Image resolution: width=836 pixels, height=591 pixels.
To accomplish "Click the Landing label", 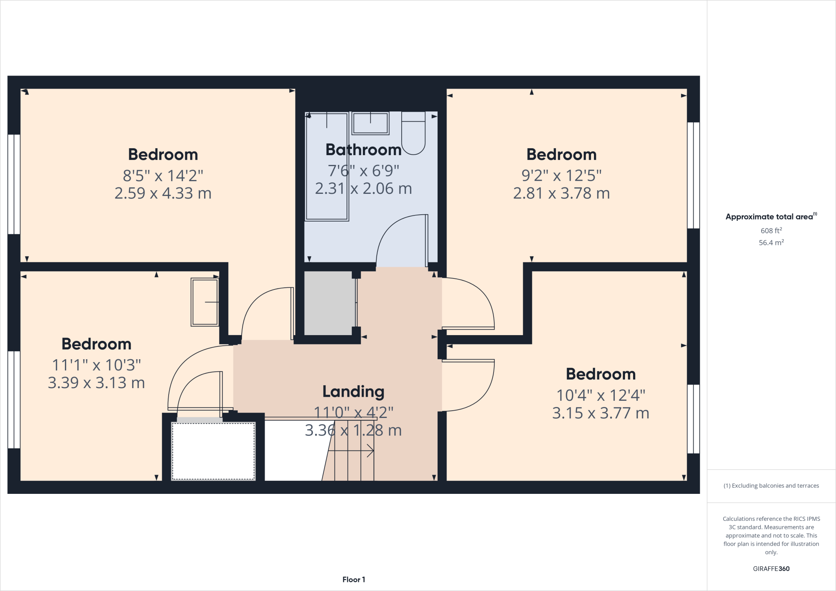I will point(353,392).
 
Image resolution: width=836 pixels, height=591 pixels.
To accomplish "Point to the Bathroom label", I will point(363,150).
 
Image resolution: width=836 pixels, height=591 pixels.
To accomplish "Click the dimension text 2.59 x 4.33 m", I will point(163,193).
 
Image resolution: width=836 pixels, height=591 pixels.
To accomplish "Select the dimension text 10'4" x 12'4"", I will point(600,395).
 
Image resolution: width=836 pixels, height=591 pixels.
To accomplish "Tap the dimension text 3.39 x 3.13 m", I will point(96,383).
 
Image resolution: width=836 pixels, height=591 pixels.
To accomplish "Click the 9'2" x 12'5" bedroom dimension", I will point(561,176).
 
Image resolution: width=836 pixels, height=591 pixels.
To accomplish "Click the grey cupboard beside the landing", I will point(329,303).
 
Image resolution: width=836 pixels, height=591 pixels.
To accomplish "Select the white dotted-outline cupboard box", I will point(213,451).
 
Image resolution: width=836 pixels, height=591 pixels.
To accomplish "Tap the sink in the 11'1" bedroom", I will point(205,302).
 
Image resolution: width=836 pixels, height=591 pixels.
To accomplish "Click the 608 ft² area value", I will point(771,231).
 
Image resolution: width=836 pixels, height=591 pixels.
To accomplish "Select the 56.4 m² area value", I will point(771,242).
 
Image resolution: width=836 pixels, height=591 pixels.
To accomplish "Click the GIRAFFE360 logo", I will point(771,569).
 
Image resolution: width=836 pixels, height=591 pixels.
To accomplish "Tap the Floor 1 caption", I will point(354,580).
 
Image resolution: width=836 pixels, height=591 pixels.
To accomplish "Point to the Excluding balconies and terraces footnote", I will point(771,486).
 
